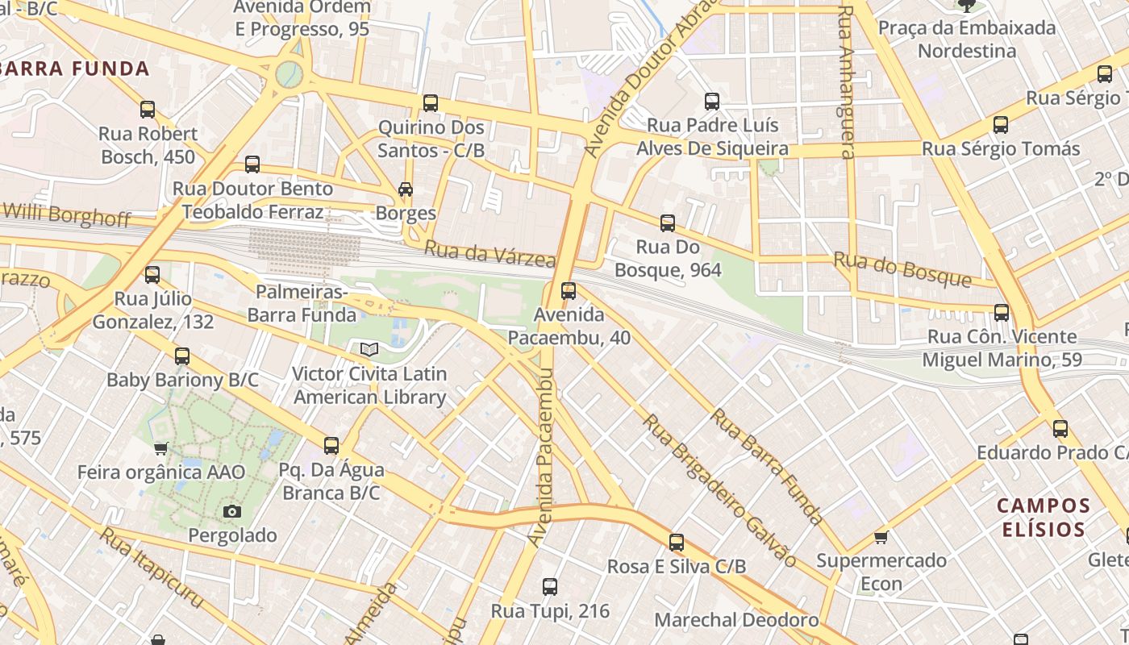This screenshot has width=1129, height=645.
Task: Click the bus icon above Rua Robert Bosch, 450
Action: [x=148, y=110]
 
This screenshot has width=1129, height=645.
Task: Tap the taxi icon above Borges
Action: [x=406, y=190]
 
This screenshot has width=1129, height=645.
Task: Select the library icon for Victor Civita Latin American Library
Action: [x=369, y=350]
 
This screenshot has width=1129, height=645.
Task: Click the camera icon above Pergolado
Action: [x=232, y=511]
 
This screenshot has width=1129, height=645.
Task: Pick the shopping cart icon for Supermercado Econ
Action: [x=881, y=537]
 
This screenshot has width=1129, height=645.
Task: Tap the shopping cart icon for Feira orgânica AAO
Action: [x=160, y=448]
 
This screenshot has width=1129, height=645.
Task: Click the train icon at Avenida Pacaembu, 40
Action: [x=569, y=291]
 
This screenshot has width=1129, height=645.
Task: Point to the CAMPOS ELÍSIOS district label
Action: [x=1044, y=518]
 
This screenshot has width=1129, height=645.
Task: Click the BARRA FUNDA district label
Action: [x=75, y=69]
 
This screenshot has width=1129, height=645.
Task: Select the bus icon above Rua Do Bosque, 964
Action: [x=668, y=223]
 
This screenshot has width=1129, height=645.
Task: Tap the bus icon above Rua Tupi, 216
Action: [x=550, y=587]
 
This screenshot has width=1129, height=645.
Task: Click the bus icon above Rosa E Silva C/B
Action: [x=677, y=543]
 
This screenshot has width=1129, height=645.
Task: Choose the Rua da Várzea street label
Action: [x=490, y=254]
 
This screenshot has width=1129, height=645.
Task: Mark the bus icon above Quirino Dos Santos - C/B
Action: [x=431, y=103]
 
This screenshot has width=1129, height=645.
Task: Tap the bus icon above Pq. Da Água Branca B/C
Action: [x=331, y=446]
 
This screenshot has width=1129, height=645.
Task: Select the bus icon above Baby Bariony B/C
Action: [x=182, y=356]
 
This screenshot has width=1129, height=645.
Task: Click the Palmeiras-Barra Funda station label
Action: [x=302, y=302]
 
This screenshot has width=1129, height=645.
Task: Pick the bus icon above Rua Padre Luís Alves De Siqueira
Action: [x=712, y=102]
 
